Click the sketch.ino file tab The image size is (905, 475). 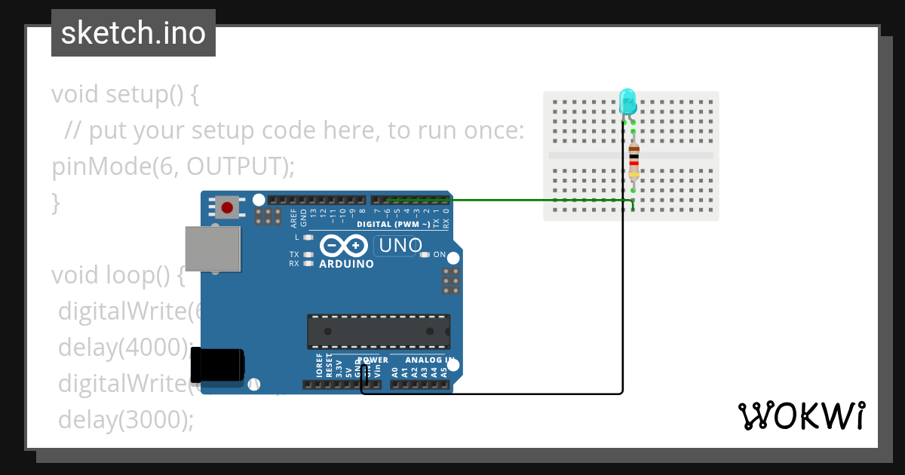pos(133,33)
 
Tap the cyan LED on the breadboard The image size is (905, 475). pos(627,101)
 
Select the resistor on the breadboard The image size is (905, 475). pos(633,161)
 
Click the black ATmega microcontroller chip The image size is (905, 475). pos(378,332)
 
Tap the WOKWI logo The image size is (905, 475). pos(801,416)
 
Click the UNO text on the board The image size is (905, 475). pos(400,246)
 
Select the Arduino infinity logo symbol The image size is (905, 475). pos(344,247)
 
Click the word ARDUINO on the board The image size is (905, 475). pos(346,265)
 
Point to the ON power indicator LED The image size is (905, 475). pos(425,255)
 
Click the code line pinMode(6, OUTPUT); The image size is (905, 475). pos(173,166)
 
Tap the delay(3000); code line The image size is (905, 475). pos(126,419)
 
